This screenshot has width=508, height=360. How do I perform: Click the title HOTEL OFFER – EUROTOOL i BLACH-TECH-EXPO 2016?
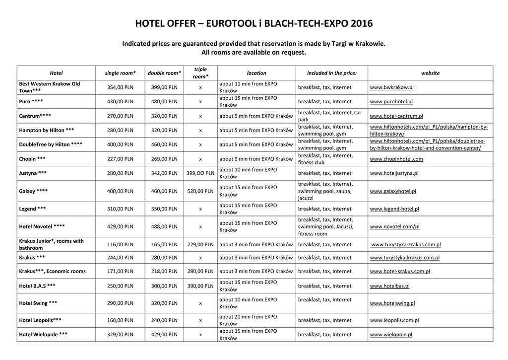coord(254,23)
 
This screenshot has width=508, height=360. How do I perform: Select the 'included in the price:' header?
coord(331,73)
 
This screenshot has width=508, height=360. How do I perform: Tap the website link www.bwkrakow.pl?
coord(391,87)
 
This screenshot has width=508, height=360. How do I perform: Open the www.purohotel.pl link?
coord(391,102)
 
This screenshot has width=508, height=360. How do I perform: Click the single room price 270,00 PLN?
coord(120,116)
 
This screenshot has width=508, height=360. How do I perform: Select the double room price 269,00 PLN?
coord(164,159)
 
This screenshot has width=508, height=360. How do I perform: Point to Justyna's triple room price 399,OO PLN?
coord(200,173)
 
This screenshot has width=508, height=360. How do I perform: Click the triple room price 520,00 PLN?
coord(200,191)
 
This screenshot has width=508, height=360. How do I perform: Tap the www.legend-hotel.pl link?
coord(394,209)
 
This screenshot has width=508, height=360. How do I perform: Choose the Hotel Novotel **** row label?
coord(42,226)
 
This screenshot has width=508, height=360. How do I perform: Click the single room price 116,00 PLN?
coord(120,244)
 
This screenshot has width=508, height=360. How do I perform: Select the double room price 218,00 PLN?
coord(164,271)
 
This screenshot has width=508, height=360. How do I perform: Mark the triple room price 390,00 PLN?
coord(200,286)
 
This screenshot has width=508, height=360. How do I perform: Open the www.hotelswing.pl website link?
coord(392,303)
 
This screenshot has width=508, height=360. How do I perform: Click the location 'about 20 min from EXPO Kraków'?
coord(248,320)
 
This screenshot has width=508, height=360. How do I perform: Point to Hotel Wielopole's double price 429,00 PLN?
coord(164,335)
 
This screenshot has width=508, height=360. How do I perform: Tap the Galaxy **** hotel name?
coord(33,191)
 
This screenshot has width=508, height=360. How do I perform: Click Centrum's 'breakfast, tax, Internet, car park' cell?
coord(329,116)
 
